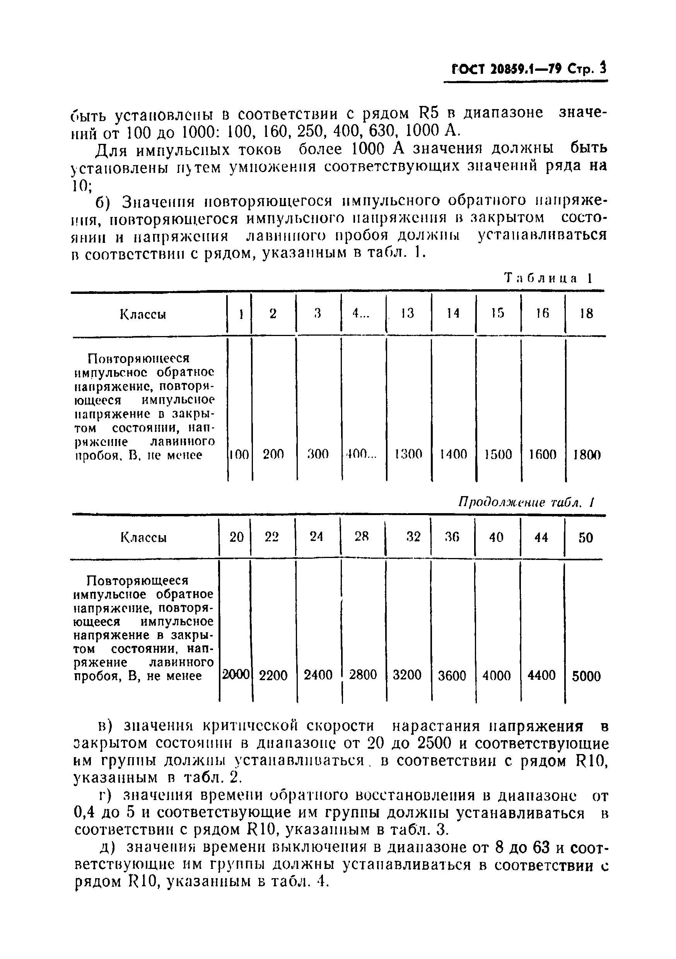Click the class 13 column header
coord(407,313)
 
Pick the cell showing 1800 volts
coord(587,454)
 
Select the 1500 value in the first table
coord(498,454)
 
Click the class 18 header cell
coord(587,313)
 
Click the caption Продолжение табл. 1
coord(526,502)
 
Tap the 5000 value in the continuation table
coord(586,676)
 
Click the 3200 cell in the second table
coord(407,676)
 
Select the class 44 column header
coord(541,537)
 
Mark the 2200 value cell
coord(273,676)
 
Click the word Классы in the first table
coord(143,314)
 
